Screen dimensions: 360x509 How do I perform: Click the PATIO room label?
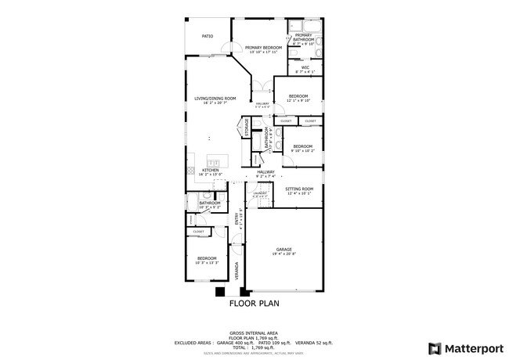208,36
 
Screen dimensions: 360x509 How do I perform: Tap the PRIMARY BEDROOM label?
263,48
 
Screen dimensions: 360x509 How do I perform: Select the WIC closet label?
305,67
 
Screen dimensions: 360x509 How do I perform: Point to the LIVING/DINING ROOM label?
215,98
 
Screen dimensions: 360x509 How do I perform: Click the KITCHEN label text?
211,170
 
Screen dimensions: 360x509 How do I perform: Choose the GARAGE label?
283,250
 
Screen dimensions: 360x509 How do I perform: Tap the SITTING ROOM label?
299,189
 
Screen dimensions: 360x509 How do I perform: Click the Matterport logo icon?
432,347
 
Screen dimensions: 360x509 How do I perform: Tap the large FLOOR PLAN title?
254,304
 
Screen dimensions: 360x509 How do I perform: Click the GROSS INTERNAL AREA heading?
254,332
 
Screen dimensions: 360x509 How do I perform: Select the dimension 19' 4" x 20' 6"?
283,254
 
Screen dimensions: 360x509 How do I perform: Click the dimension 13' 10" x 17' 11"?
263,52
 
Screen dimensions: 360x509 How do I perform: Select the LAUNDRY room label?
260,193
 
